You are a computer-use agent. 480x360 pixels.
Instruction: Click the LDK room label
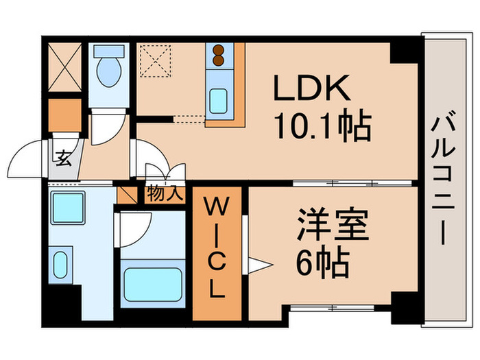313,88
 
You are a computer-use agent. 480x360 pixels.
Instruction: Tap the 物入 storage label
165,194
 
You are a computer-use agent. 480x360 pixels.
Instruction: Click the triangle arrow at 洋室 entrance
256,265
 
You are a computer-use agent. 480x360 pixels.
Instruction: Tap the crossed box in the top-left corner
65,69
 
